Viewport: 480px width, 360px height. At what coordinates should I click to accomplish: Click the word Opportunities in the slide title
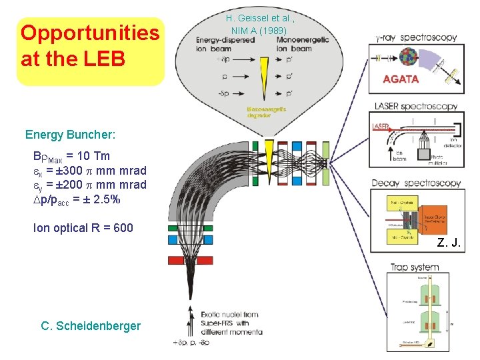pyautogui.click(x=90, y=33)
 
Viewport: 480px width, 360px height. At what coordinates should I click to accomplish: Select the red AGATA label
pyautogui.click(x=401, y=79)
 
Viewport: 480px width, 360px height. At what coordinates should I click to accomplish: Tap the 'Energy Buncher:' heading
pyautogui.click(x=70, y=135)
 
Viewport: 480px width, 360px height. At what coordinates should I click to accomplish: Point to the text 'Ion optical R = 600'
pyautogui.click(x=83, y=228)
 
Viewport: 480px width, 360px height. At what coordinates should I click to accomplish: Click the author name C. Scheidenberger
pyautogui.click(x=91, y=326)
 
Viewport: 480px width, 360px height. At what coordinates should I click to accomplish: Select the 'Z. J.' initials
pyautogui.click(x=449, y=243)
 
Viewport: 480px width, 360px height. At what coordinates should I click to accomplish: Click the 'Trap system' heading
pyautogui.click(x=415, y=267)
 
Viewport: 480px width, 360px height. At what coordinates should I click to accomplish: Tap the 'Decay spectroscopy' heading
pyautogui.click(x=416, y=183)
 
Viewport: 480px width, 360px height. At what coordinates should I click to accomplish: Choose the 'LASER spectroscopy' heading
pyautogui.click(x=416, y=106)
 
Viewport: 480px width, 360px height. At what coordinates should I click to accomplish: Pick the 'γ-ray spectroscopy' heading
pyautogui.click(x=417, y=38)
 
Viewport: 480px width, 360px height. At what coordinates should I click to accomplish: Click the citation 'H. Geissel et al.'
pyautogui.click(x=259, y=18)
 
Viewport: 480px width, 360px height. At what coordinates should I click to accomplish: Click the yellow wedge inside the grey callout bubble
pyautogui.click(x=265, y=73)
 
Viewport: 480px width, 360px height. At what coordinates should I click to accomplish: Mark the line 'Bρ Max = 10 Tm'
pyautogui.click(x=71, y=157)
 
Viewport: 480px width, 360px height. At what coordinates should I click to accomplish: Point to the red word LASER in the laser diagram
pyautogui.click(x=381, y=125)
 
